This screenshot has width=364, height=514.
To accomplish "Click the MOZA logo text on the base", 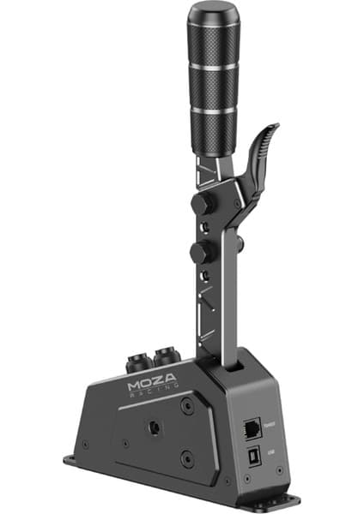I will (153, 385).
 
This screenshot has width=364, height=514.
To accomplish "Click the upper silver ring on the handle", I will (215, 64).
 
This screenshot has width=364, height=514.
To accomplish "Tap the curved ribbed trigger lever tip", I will (271, 132).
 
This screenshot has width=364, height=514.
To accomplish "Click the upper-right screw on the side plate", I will (186, 409).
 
